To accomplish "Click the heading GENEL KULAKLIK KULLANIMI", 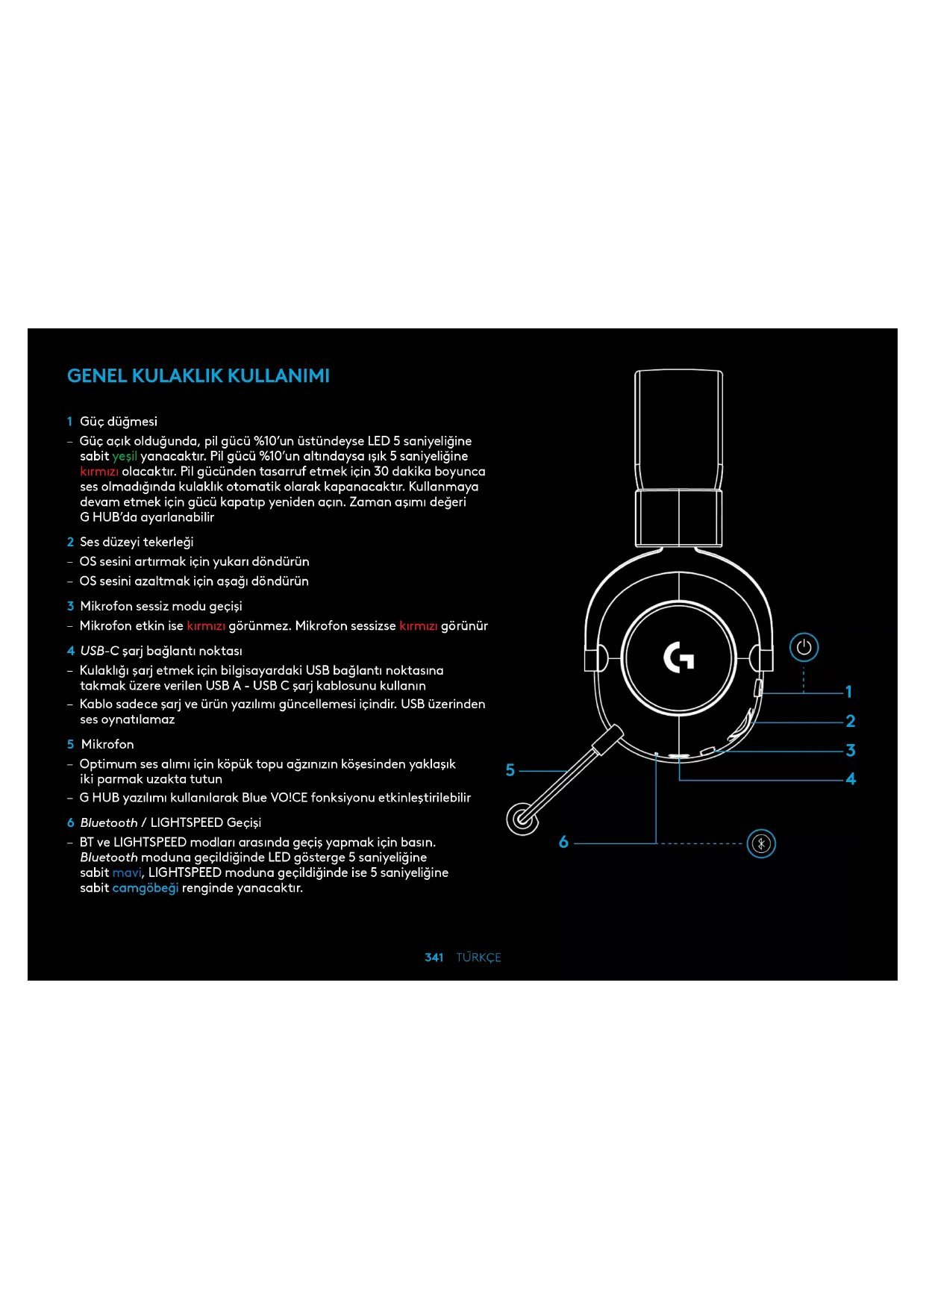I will tap(198, 375).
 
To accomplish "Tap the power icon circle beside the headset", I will tap(804, 647).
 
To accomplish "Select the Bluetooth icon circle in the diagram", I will tap(761, 843).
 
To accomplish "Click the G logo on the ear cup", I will tap(679, 657).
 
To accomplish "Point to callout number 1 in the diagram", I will tap(848, 692).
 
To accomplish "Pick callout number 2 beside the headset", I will tap(850, 721).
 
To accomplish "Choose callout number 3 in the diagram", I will tap(850, 750).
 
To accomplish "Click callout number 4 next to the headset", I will tap(851, 779).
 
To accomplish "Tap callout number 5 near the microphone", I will tap(510, 770).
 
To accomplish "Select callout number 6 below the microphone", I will tap(563, 843).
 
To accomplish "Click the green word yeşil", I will tap(125, 456).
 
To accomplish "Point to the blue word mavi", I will tap(127, 872).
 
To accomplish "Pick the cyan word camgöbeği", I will tap(146, 888).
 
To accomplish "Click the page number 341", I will tap(434, 957).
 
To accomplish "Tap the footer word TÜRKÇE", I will tap(478, 957).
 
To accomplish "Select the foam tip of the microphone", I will tap(522, 819).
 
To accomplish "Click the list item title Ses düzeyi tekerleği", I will tap(137, 542).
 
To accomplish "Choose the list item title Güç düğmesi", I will tap(119, 422).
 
